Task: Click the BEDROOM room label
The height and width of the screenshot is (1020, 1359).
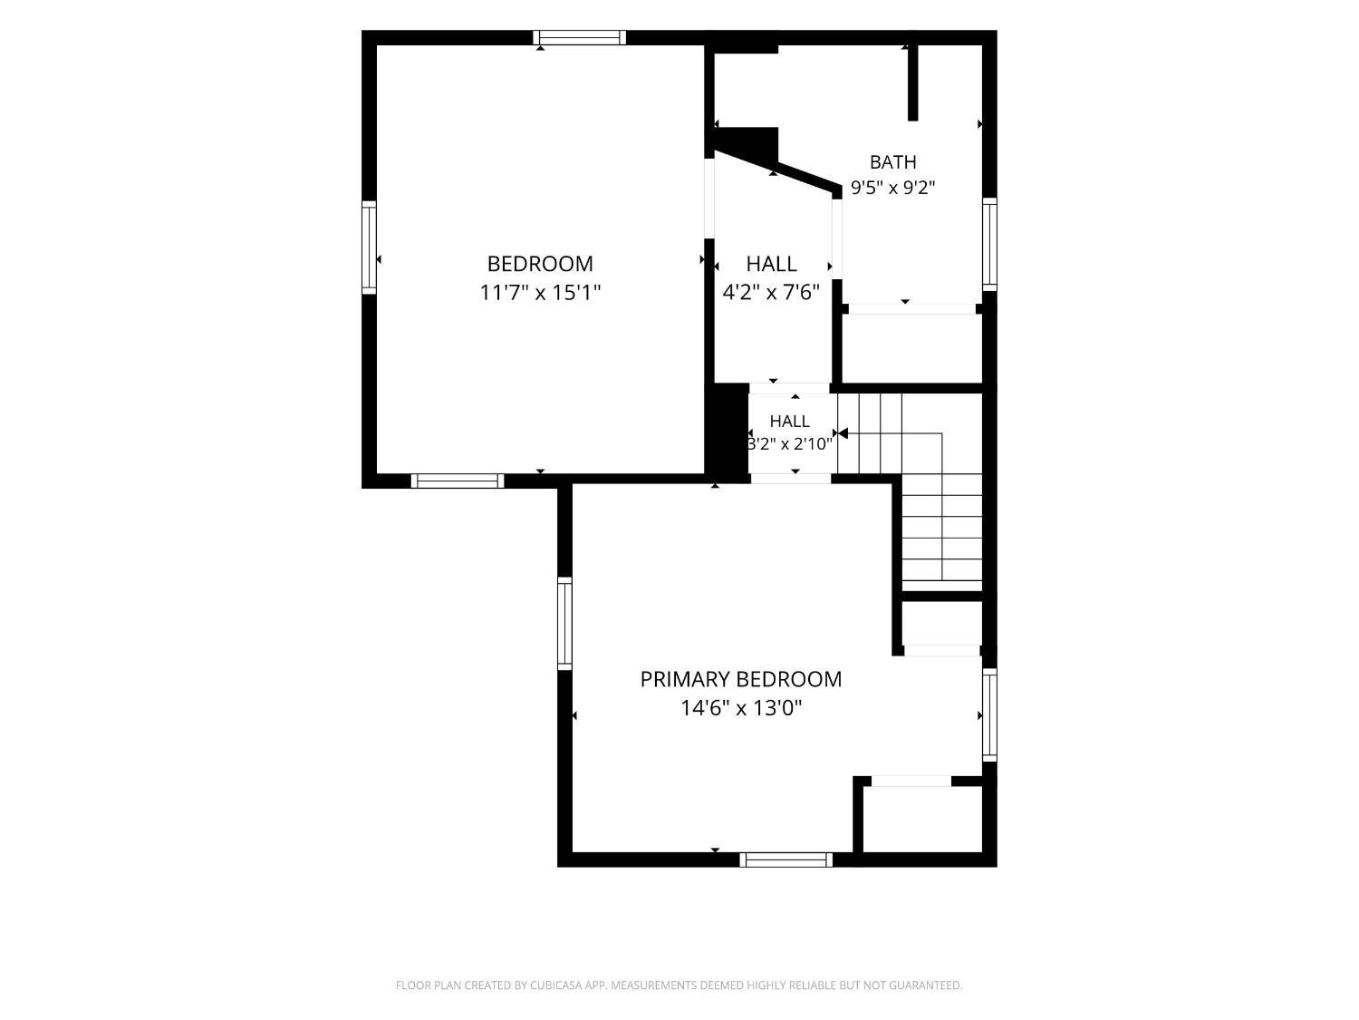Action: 540,264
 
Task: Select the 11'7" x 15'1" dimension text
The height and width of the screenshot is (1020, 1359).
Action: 540,292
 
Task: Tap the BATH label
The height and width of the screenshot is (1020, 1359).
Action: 892,162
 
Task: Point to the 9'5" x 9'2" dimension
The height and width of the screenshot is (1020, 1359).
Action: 892,187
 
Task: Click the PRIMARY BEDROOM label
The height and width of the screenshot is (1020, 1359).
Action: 740,679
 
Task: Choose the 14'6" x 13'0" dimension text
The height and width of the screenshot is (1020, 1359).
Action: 741,707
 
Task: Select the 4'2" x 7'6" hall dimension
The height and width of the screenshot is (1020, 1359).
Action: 771,292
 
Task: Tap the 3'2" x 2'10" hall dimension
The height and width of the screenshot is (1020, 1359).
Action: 789,444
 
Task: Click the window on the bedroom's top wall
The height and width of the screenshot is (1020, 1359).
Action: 580,38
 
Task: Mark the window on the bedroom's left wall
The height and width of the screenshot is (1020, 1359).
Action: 369,248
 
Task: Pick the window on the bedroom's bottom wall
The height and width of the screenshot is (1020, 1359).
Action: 458,481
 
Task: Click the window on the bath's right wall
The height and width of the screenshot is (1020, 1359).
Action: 989,244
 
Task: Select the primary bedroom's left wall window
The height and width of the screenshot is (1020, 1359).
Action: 564,623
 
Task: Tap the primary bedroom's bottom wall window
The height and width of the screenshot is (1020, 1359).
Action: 786,860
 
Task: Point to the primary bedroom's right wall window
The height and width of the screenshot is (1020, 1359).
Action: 989,714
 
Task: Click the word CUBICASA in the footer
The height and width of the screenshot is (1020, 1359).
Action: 555,985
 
